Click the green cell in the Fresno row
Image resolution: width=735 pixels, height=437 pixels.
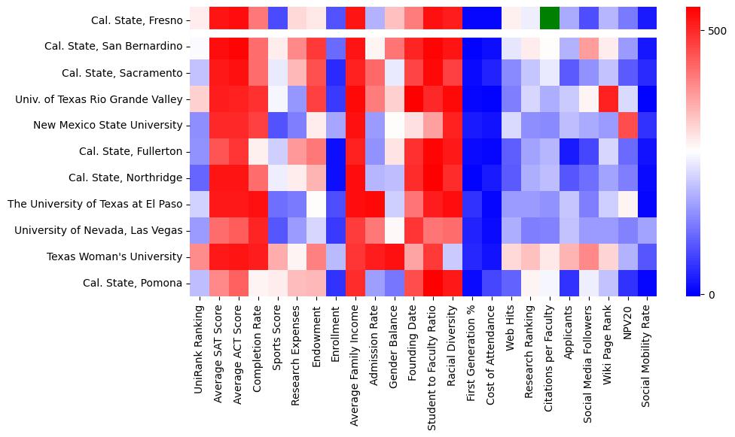[x=550, y=16]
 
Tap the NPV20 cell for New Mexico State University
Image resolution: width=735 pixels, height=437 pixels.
[x=627, y=125]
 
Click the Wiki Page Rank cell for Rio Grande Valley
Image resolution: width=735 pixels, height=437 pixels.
[x=608, y=99]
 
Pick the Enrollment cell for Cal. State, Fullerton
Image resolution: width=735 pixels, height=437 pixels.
[x=335, y=151]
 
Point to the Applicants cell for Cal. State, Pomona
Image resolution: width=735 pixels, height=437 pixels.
[x=569, y=283]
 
